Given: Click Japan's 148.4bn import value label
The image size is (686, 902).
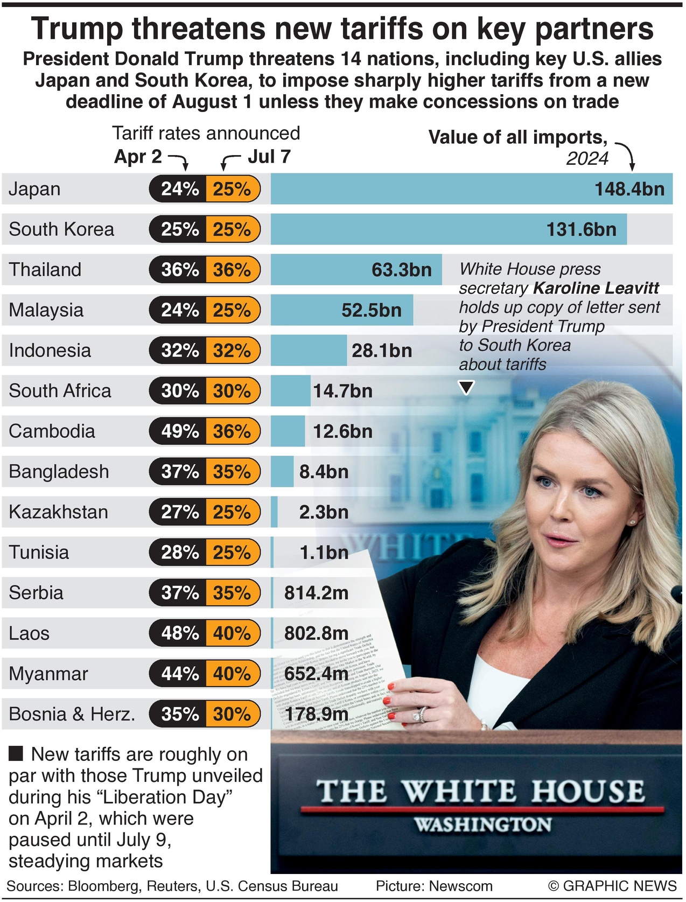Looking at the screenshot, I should point(629,189).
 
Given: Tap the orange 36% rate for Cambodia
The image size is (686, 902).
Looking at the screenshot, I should point(232,431).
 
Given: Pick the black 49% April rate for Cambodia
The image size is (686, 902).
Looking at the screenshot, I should point(180,431).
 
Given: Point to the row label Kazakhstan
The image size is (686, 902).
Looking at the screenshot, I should point(58,512).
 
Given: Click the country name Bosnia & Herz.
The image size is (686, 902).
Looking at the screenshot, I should point(72,714).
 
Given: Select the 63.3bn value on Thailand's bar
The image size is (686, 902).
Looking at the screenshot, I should point(401,270).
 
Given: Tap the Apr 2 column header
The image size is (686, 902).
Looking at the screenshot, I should point(138,157).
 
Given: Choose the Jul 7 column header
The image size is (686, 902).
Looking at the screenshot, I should point(269,157).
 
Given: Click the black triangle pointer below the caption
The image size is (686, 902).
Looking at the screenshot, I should point(466,387).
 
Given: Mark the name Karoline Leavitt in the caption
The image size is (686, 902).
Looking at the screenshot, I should point(596,288).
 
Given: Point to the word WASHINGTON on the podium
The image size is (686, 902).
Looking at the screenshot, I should point(482,824).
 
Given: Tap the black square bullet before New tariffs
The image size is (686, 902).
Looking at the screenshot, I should point(16,753).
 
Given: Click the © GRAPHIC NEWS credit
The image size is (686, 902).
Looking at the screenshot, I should point(612,886).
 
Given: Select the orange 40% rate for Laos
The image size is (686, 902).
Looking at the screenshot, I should point(232,633).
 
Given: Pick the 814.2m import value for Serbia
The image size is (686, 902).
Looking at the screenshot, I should point(316,593).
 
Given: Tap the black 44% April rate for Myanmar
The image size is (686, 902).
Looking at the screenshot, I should point(180,674).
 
